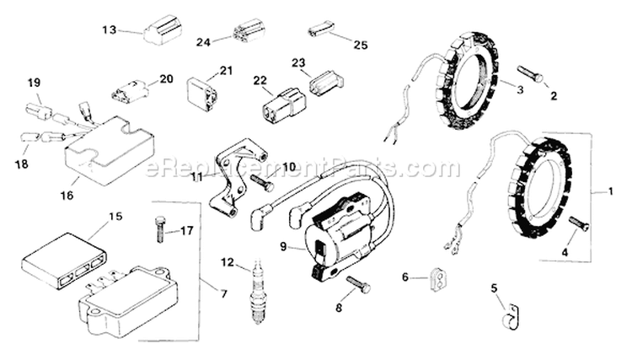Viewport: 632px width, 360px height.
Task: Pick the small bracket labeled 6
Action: click(436, 277)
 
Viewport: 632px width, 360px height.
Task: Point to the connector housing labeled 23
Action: click(325, 83)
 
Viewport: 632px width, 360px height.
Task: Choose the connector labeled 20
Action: click(129, 90)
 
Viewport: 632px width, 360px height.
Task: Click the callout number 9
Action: click(283, 247)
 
